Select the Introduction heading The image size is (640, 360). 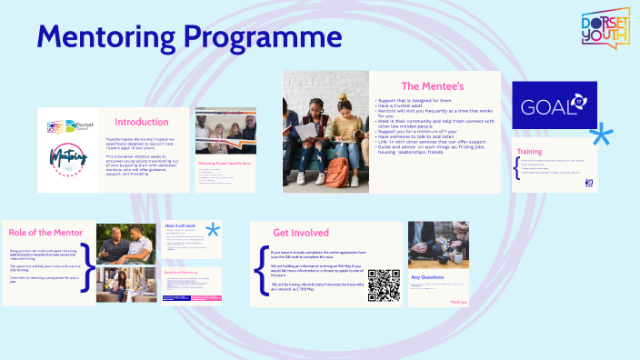click(x=141, y=122)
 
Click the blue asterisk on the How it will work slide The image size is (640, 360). click(x=213, y=230)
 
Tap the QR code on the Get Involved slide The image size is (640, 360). click(x=384, y=285)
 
